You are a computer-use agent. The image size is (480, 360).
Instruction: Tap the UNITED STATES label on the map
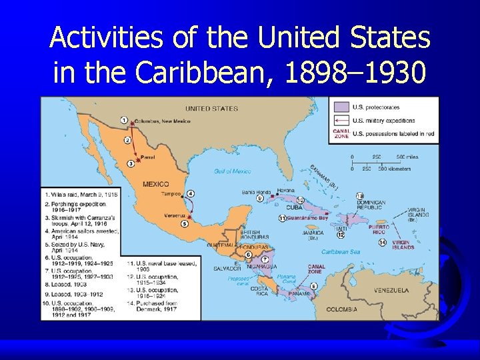click(x=211, y=108)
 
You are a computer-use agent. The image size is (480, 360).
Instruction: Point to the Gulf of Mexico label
click(x=233, y=171)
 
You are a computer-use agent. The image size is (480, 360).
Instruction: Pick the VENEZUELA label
click(x=391, y=290)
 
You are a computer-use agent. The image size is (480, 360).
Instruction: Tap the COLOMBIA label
click(x=342, y=309)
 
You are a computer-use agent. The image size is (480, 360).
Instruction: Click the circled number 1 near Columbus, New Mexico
click(x=124, y=120)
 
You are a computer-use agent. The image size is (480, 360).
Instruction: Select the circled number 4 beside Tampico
click(x=190, y=193)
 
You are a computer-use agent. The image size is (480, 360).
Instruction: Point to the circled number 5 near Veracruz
click(x=185, y=223)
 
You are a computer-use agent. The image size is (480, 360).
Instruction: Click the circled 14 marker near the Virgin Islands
click(x=382, y=242)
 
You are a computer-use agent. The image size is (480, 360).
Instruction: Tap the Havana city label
click(x=285, y=190)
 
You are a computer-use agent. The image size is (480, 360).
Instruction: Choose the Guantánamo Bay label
click(x=309, y=218)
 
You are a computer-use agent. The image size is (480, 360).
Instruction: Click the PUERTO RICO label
click(x=378, y=229)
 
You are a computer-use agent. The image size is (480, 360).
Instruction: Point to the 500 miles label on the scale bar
click(x=408, y=157)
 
